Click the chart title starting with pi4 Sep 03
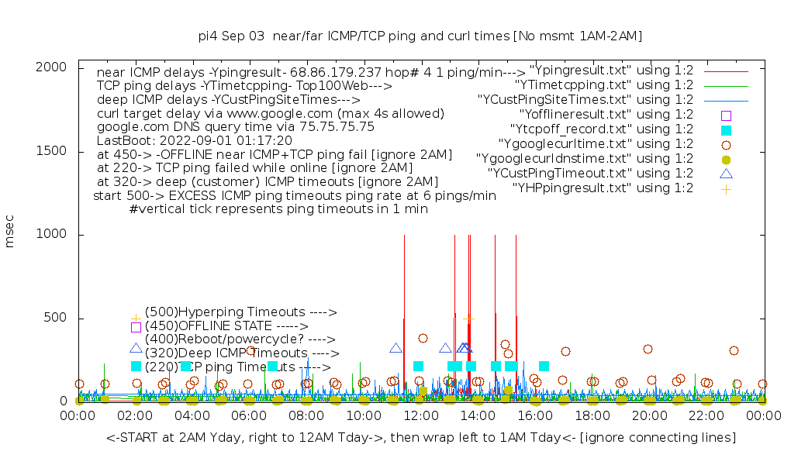(420, 36)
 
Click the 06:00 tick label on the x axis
(250, 417)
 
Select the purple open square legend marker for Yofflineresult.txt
(726, 115)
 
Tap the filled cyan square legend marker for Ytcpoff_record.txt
(726, 129)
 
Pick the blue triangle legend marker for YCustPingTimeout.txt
(726, 174)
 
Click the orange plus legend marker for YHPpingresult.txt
(726, 188)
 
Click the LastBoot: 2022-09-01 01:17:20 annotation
(195, 140)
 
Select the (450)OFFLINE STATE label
(226, 326)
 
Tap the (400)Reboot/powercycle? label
(240, 339)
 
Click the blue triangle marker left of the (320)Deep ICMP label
(136, 349)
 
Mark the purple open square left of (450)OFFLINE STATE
(136, 327)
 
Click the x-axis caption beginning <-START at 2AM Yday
(421, 439)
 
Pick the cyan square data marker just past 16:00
(544, 366)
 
